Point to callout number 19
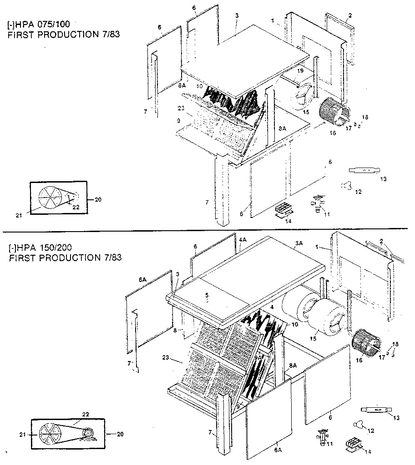coord(301,71)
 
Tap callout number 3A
coord(299,243)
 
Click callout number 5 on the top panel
coord(207,300)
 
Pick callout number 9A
coord(258,357)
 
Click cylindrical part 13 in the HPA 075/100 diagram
coord(364,170)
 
